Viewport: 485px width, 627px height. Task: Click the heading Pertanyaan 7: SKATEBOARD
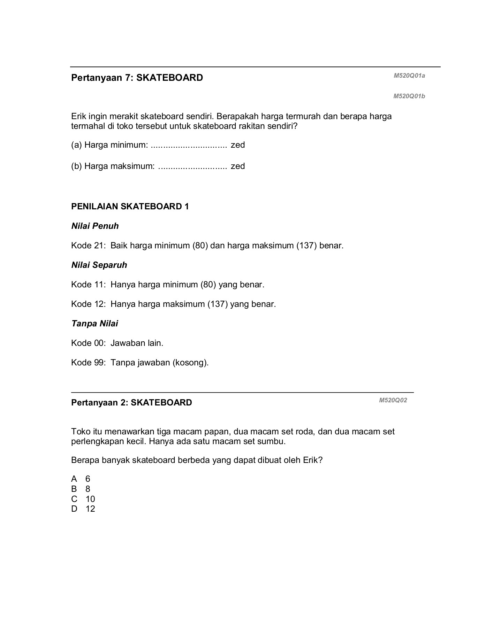click(137, 78)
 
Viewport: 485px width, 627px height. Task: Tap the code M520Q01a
click(409, 76)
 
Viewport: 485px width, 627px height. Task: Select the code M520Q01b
click(409, 96)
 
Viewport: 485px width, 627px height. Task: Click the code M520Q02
click(393, 400)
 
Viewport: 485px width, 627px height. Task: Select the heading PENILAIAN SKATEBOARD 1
click(130, 207)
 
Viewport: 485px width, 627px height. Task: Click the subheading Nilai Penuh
click(95, 226)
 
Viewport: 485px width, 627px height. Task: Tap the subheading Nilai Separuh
click(99, 265)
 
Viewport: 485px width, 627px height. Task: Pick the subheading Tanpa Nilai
click(94, 324)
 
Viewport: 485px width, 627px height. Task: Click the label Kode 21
click(88, 246)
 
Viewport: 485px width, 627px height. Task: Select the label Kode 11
click(88, 285)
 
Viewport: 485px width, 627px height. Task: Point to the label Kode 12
click(88, 304)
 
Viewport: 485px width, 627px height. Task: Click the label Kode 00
click(88, 343)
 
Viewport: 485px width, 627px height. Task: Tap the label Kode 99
click(88, 363)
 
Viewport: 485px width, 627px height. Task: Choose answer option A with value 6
click(81, 479)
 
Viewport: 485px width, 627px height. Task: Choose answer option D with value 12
click(83, 509)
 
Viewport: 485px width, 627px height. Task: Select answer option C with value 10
click(83, 499)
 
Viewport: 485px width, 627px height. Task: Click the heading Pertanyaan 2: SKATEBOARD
click(131, 403)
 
